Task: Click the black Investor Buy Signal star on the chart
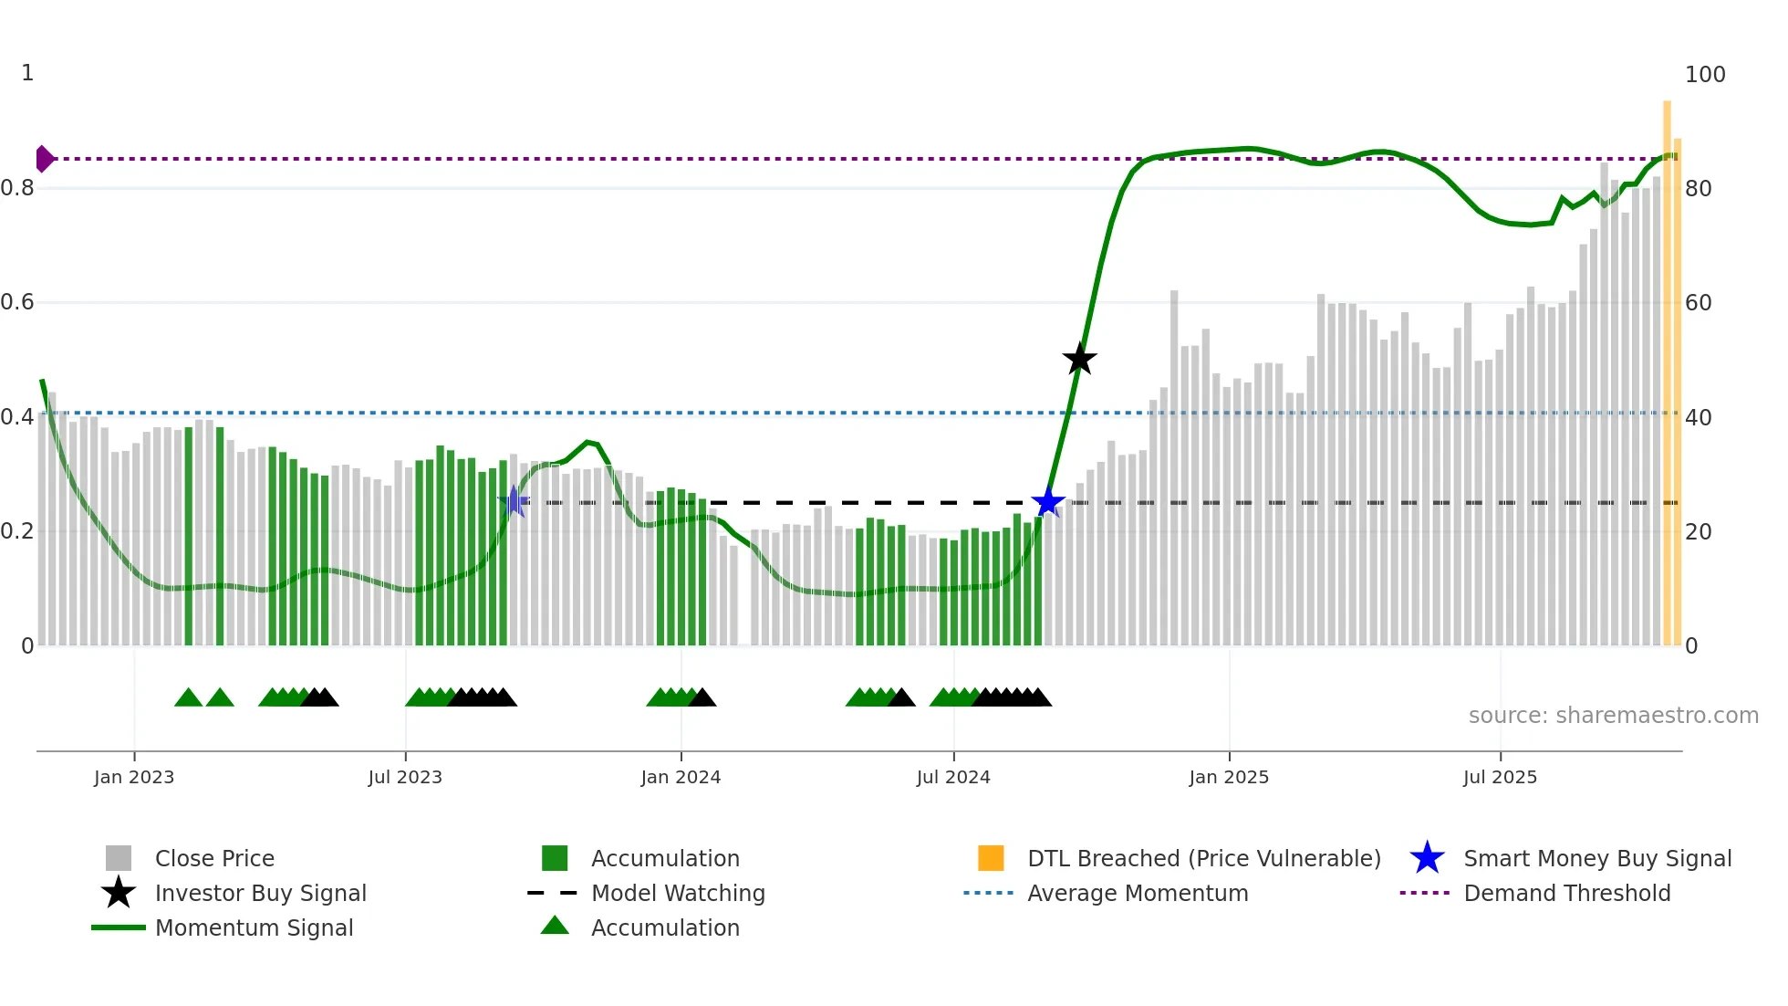[x=1079, y=359]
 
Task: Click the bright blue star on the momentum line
[x=1048, y=502]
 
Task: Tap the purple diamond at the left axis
[x=44, y=159]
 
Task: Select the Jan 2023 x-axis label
[x=134, y=778]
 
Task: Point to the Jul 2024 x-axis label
[x=953, y=778]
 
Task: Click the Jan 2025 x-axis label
[x=1229, y=778]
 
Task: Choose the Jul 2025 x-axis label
[x=1500, y=778]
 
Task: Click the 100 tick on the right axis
[x=1705, y=75]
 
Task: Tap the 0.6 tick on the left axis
[x=17, y=302]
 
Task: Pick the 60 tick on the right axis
[x=1699, y=303]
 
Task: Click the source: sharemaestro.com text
[x=1613, y=716]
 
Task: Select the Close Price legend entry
[x=214, y=859]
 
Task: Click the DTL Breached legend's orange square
[x=991, y=858]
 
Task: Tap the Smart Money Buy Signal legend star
[x=1427, y=858]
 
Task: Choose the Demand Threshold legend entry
[x=1566, y=894]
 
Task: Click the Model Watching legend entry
[x=678, y=894]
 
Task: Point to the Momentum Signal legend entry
[x=254, y=928]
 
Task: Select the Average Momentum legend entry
[x=1138, y=894]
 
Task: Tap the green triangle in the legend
[x=555, y=927]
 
